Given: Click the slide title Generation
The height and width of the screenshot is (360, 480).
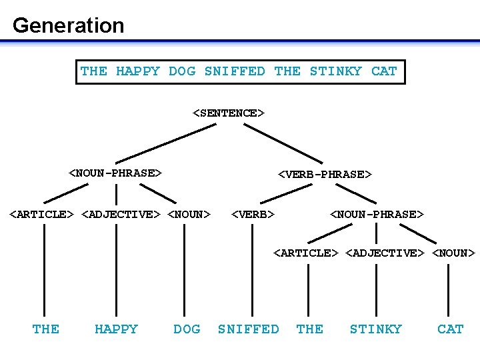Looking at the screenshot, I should pyautogui.click(x=68, y=25).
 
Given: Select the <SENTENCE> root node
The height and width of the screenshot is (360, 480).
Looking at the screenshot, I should pyautogui.click(x=229, y=113).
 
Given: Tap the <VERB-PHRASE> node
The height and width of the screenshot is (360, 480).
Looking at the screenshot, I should pyautogui.click(x=325, y=174).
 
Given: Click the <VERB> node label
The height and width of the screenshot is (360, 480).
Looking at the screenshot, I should pyautogui.click(x=253, y=214).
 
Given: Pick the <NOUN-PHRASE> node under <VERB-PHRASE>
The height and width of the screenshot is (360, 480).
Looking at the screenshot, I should pyautogui.click(x=377, y=214).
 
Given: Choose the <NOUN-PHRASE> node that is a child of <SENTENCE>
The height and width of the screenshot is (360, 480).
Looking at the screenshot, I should pyautogui.click(x=116, y=173).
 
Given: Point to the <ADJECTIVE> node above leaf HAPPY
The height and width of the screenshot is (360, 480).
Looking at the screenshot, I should pyautogui.click(x=121, y=214).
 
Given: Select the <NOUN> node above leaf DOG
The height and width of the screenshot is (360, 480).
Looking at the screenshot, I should pyautogui.click(x=189, y=214).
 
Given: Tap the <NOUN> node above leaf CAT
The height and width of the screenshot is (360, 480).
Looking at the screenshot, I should pyautogui.click(x=454, y=253).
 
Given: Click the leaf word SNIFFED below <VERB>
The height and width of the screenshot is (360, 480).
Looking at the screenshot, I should pyautogui.click(x=249, y=329).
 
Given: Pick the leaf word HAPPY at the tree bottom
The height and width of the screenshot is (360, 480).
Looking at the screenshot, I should pyautogui.click(x=116, y=329).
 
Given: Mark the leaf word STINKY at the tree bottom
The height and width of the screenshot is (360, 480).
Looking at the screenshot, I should pyautogui.click(x=376, y=329).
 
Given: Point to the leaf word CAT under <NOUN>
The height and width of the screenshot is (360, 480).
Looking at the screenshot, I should pyautogui.click(x=450, y=329).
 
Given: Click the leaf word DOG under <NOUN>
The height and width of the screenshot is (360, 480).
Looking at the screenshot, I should pyautogui.click(x=187, y=329).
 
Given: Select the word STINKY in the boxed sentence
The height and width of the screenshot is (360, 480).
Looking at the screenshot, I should pyautogui.click(x=336, y=71).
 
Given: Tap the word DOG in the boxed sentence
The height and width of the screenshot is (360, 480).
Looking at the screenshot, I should pyautogui.click(x=182, y=71).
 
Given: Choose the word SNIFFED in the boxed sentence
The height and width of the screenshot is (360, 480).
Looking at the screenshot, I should pyautogui.click(x=235, y=71).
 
